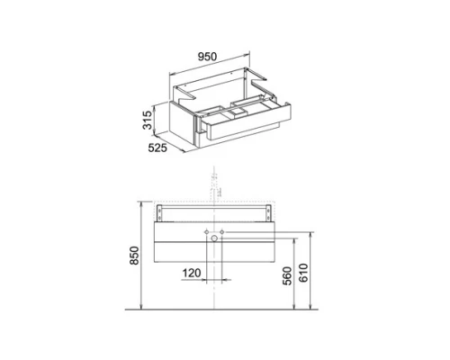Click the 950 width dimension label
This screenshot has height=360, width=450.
tap(207, 57)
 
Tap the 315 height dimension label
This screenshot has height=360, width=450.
tap(148, 120)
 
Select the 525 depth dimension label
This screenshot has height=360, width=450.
tap(157, 148)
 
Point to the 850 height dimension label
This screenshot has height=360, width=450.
tap(135, 256)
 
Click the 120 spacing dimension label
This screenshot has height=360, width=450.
tap(192, 273)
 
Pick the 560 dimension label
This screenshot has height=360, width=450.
tap(287, 275)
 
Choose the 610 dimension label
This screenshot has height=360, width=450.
tap(303, 273)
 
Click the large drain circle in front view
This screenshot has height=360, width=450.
tap(214, 238)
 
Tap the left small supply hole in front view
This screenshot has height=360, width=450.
tap(207, 232)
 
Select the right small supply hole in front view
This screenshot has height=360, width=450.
tap(222, 232)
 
